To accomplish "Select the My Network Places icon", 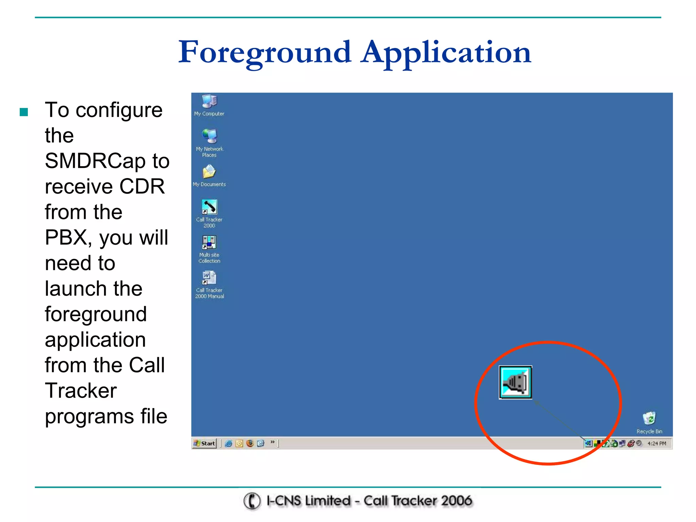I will (x=209, y=137).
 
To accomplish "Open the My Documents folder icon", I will (x=209, y=172).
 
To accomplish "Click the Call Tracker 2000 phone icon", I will (x=209, y=207).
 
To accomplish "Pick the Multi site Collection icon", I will (x=209, y=243).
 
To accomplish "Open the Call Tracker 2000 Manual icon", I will (x=209, y=278).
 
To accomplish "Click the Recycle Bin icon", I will (x=649, y=419).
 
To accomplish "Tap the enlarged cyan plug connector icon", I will (x=515, y=383).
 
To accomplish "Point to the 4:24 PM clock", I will (x=657, y=443).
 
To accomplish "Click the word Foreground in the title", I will (x=264, y=53).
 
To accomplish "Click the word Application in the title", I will (x=446, y=53).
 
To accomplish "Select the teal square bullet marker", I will (x=24, y=112).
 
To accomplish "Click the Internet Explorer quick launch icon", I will (x=229, y=443).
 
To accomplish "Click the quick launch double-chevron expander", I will (x=273, y=442).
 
